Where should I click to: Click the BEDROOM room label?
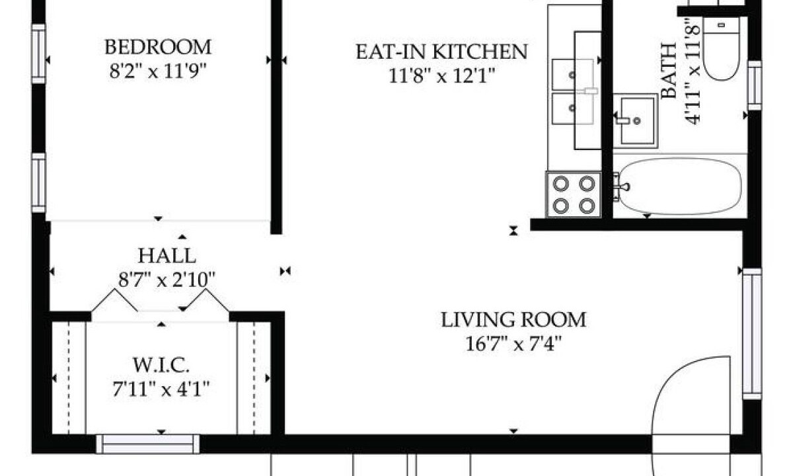pos(158,47)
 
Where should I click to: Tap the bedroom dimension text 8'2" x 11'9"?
pos(158,71)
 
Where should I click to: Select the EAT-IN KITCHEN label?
pos(441,52)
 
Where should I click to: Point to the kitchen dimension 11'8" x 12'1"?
pos(441,76)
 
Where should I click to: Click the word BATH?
pos(669,71)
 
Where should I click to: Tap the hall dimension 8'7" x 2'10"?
pos(167,279)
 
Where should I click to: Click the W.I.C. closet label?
pos(161,365)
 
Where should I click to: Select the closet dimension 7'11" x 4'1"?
pos(161,389)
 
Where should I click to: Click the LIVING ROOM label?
pos(513,320)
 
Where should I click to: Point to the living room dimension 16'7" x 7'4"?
pos(513,344)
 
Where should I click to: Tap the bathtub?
pos(680,186)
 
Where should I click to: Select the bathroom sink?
pos(636,120)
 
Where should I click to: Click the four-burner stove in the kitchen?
pos(573,194)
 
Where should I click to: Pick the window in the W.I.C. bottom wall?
pos(147,444)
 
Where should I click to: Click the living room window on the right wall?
pos(752,334)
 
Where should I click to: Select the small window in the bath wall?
pos(755,85)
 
